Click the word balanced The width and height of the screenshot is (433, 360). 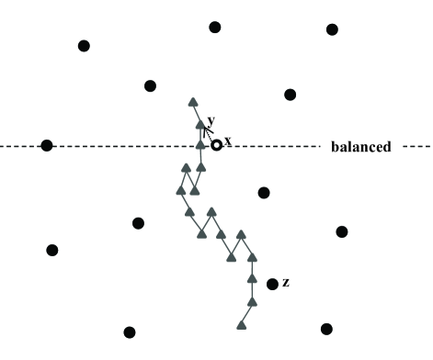click(x=361, y=147)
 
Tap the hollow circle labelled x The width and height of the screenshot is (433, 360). click(x=216, y=144)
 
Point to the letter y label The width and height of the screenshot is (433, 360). click(x=211, y=120)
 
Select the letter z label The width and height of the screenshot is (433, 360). click(x=286, y=282)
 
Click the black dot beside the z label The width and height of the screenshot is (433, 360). click(x=272, y=284)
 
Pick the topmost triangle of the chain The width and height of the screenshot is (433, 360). click(x=193, y=102)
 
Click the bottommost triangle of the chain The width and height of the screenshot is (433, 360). click(x=242, y=323)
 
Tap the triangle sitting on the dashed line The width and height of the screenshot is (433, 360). click(x=201, y=145)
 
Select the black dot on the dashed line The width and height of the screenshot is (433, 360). click(x=47, y=145)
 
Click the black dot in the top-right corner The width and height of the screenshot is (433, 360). click(x=332, y=29)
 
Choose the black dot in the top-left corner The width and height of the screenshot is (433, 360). click(x=84, y=45)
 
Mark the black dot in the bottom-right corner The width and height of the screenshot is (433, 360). click(x=326, y=329)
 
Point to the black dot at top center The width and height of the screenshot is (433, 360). click(x=215, y=27)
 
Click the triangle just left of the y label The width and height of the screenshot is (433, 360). click(x=200, y=124)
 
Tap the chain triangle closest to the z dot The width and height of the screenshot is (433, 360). click(x=252, y=278)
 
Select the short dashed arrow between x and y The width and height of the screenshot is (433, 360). click(x=210, y=134)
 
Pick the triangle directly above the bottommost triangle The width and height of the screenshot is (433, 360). click(x=252, y=300)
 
